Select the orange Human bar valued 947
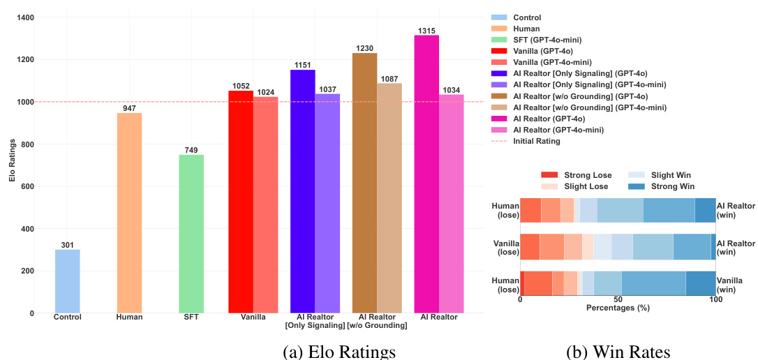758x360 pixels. (129, 213)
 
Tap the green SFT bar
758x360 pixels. (191, 234)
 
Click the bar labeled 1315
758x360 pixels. (426, 174)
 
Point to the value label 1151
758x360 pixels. (302, 65)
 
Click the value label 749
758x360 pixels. (191, 150)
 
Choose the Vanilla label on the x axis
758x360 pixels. (253, 317)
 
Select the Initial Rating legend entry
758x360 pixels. (537, 141)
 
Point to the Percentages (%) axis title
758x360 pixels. (618, 307)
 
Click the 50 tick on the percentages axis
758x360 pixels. (618, 298)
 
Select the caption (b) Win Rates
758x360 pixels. (618, 351)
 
